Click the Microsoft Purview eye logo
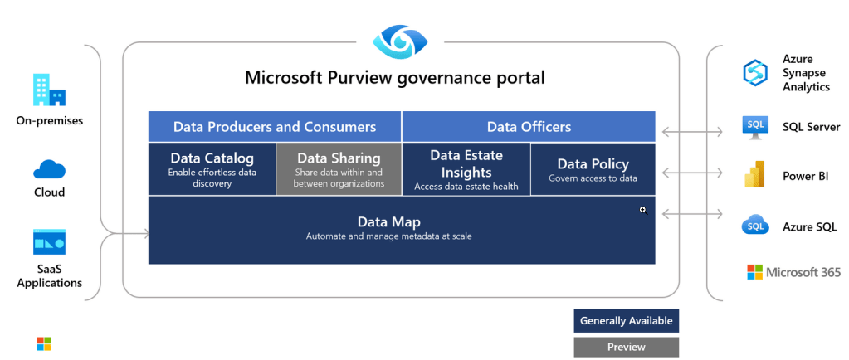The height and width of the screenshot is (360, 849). tap(401, 39)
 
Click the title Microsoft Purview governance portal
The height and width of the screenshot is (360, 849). tap(395, 78)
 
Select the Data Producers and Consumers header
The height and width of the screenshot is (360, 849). tap(275, 127)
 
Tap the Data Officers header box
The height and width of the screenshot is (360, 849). tap(529, 127)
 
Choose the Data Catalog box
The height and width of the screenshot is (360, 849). tap(212, 168)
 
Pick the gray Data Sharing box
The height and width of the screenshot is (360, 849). tap(339, 168)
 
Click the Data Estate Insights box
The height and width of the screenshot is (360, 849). tap(466, 168)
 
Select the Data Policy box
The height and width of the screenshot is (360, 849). tap(593, 168)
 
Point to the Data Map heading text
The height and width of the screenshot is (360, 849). tap(389, 222)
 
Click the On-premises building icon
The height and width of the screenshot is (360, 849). tap(49, 90)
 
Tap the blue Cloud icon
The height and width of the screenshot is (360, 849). tap(49, 169)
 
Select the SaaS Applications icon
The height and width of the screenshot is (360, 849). tap(49, 242)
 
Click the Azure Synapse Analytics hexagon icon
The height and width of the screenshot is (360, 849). tap(755, 73)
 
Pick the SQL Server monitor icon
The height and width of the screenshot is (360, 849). tap(755, 127)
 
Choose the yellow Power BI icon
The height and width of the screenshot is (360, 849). tap(755, 176)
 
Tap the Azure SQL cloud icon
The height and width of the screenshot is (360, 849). tap(755, 226)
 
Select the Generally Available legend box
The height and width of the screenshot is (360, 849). tap(626, 321)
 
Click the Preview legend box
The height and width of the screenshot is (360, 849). tap(626, 347)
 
